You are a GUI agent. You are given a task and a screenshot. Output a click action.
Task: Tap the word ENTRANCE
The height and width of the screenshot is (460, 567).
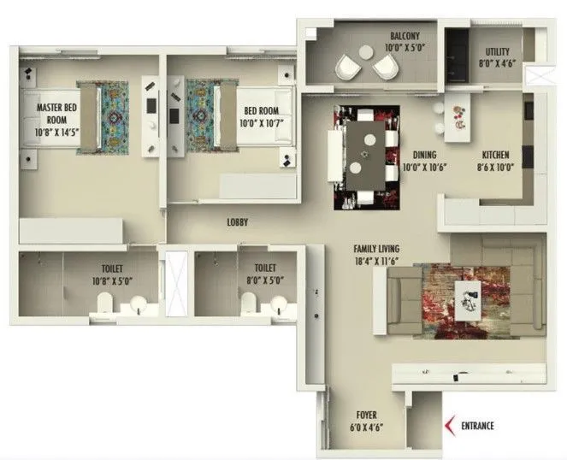coord(476,425)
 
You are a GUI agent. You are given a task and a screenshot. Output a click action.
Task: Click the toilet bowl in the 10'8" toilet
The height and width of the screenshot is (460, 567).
coord(105,304)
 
